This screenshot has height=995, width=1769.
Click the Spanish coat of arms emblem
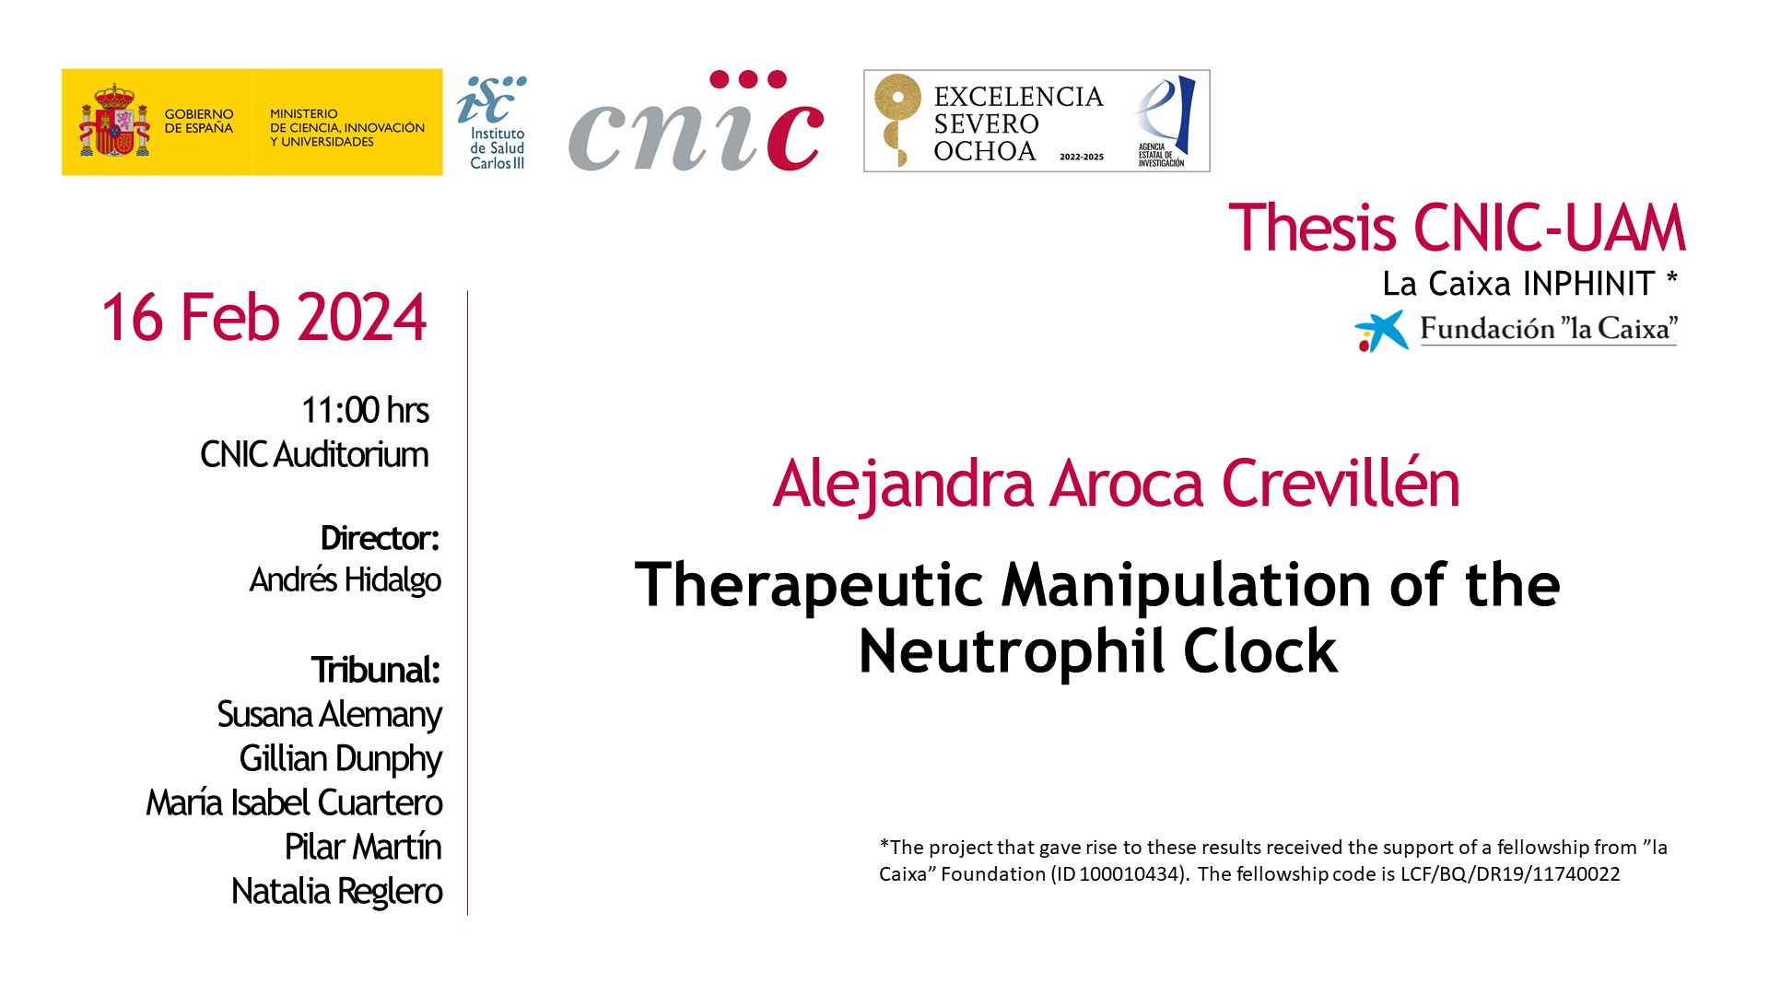pyautogui.click(x=114, y=121)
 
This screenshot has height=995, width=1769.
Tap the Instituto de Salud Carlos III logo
pyautogui.click(x=493, y=123)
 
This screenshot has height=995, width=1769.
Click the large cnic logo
pyautogui.click(x=696, y=121)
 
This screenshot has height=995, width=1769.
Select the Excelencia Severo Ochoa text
pyautogui.click(x=1018, y=123)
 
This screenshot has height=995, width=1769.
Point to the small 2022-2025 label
pyautogui.click(x=1082, y=157)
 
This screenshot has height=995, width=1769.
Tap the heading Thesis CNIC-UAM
pyautogui.click(x=1457, y=228)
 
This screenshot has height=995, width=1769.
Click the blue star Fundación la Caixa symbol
pyautogui.click(x=1381, y=331)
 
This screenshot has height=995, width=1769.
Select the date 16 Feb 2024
pyautogui.click(x=264, y=318)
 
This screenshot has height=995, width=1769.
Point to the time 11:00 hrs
pyautogui.click(x=365, y=410)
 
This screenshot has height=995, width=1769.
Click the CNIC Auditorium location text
pyautogui.click(x=314, y=454)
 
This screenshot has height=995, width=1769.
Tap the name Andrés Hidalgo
pyautogui.click(x=346, y=579)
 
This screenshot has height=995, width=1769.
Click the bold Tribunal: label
pyautogui.click(x=376, y=670)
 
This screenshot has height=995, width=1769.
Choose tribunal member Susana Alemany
pyautogui.click(x=330, y=715)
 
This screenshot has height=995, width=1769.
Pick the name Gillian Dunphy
pyautogui.click(x=341, y=759)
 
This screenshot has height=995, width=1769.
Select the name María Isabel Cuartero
pyautogui.click(x=295, y=802)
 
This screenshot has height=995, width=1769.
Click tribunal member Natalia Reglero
pyautogui.click(x=337, y=892)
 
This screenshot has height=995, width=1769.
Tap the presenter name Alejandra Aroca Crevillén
pyautogui.click(x=1117, y=484)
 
